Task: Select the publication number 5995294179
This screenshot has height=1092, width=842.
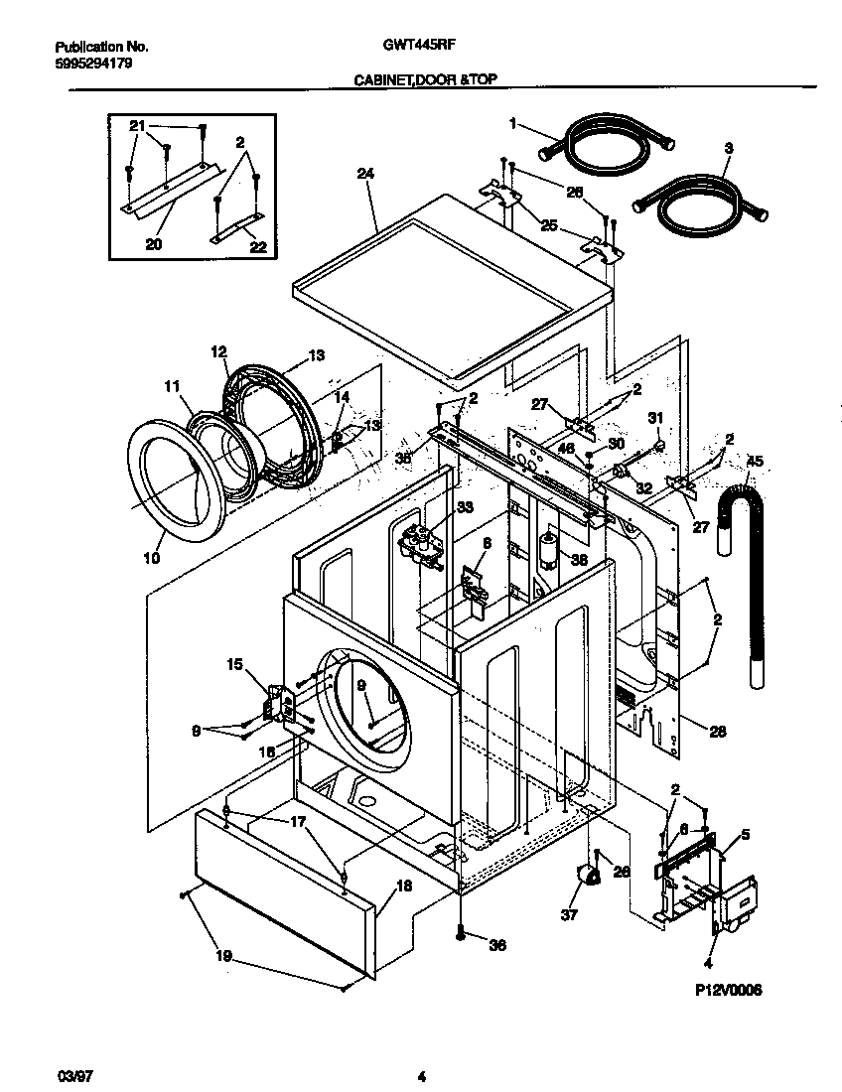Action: tap(90, 64)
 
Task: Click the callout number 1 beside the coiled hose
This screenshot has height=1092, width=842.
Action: tap(513, 123)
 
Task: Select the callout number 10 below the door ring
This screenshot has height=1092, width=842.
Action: tap(150, 559)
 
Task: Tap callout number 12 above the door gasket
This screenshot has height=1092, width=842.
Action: tap(219, 350)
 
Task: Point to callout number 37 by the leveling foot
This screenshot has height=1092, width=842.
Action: tap(569, 914)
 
